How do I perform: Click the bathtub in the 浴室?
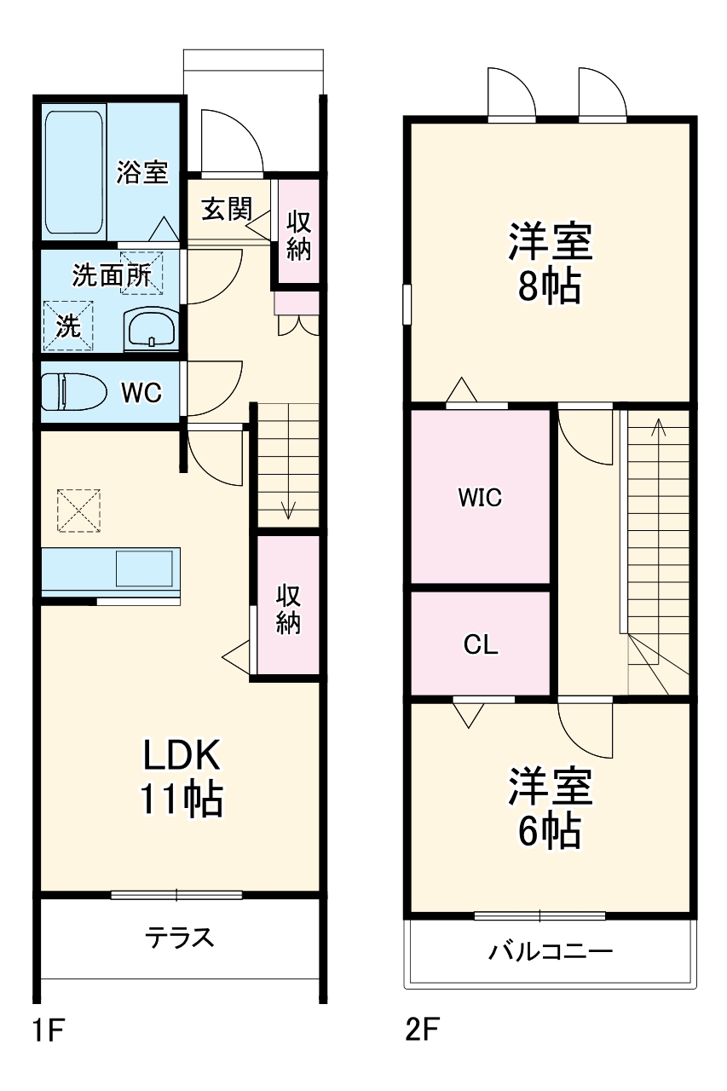click(75, 170)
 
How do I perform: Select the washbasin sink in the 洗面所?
click(151, 326)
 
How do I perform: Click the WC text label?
click(141, 393)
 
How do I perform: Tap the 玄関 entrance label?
click(227, 209)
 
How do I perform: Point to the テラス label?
click(179, 938)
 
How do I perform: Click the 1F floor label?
click(49, 1031)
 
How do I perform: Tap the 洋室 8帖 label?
click(550, 263)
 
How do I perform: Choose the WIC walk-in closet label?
click(480, 498)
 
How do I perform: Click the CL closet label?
click(481, 645)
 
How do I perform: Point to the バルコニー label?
click(550, 951)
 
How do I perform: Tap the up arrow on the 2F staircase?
click(658, 425)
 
